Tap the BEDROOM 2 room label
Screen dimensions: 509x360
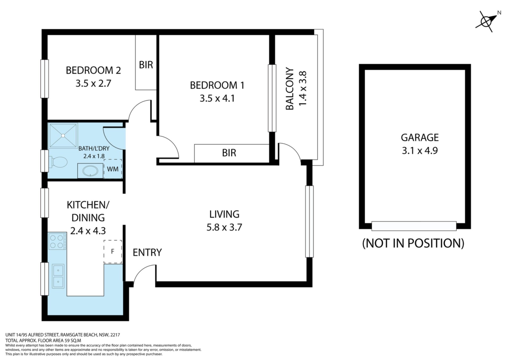click(x=93, y=70)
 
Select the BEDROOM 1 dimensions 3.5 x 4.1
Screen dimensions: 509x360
click(x=217, y=99)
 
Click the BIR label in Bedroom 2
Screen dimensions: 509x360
click(x=146, y=65)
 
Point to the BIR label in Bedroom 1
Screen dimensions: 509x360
click(x=229, y=153)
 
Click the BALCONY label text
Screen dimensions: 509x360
click(x=290, y=89)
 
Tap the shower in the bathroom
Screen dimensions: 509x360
click(x=63, y=135)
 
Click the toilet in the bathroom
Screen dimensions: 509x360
click(x=58, y=162)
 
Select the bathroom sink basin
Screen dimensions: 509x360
click(x=90, y=171)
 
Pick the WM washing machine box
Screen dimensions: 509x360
click(x=113, y=169)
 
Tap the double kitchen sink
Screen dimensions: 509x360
click(x=58, y=276)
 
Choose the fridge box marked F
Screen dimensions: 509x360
click(x=113, y=252)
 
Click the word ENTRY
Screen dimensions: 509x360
click(x=147, y=252)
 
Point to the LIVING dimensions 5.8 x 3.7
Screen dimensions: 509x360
click(x=224, y=227)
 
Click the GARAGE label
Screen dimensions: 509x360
click(x=420, y=138)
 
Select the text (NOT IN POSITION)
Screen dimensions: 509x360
click(x=413, y=243)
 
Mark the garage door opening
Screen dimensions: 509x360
click(x=414, y=226)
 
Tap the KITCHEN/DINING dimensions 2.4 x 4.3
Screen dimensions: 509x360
click(x=88, y=231)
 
